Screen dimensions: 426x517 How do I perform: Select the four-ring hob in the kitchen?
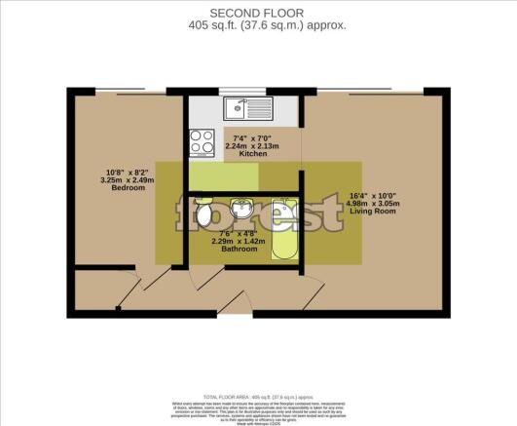click(203, 142)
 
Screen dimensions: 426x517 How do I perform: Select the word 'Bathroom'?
click(239, 250)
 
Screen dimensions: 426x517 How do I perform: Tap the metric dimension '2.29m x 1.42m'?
click(239, 241)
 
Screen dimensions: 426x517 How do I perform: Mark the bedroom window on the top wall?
click(130, 92)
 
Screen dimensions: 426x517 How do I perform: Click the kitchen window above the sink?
click(245, 92)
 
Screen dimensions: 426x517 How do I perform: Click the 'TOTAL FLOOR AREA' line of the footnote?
click(258, 398)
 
